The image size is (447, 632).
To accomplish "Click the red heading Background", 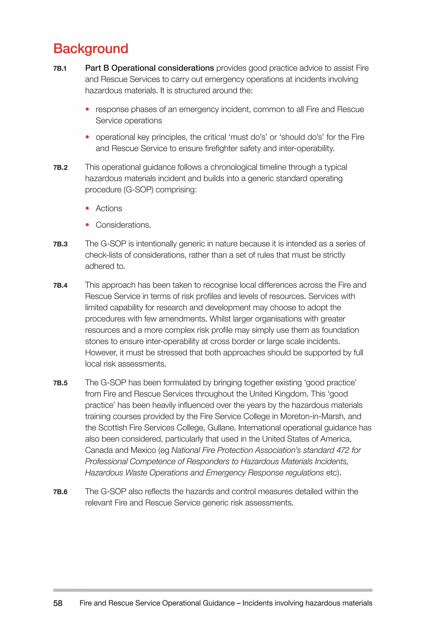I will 91,49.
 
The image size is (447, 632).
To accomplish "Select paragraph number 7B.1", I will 60,69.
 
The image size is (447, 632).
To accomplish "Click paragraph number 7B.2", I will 60,168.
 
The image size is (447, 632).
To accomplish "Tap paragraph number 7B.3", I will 60,244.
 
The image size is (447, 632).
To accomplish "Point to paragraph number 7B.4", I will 60,285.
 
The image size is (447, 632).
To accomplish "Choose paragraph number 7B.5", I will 60,383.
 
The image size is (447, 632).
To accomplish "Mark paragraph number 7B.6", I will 60,492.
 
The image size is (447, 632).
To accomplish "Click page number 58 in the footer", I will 58,603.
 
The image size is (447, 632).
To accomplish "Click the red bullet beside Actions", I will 87,208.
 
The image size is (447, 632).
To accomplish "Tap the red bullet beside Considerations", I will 87,225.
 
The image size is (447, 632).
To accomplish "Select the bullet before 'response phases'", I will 87,109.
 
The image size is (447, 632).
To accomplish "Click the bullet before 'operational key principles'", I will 87,137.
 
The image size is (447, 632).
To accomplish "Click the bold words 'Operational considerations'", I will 162,68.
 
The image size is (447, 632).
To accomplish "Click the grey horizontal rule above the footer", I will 213,590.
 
